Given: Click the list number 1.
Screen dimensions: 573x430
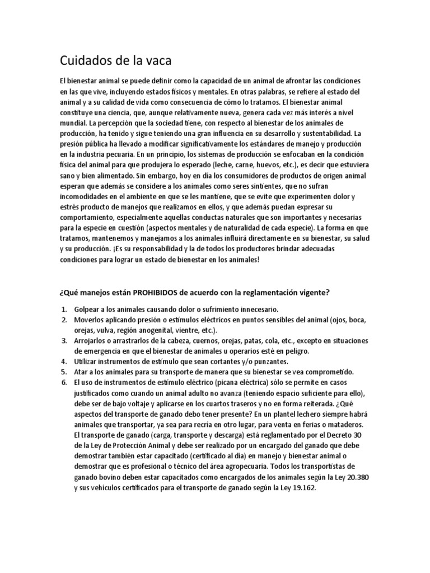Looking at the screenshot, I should (65, 309).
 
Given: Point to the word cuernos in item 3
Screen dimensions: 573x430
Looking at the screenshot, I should (198, 341).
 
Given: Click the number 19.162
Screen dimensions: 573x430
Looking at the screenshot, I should (303, 487).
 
